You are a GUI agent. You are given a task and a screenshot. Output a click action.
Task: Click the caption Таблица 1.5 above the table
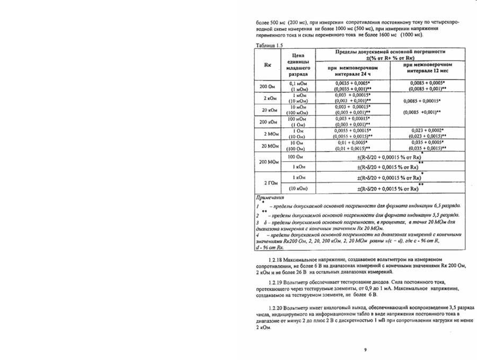pos(269,46)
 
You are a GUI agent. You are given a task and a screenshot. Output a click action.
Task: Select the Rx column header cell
pos(269,66)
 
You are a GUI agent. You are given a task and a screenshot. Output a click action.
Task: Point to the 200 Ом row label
pos(268,86)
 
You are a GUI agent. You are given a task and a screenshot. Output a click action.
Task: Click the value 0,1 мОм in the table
pos(299,84)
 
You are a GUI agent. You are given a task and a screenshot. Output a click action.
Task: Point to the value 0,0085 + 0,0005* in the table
pos(427,83)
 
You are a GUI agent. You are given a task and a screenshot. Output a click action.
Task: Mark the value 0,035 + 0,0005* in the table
pos(427,142)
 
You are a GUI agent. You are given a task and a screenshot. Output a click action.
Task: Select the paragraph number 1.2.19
pos(275,282)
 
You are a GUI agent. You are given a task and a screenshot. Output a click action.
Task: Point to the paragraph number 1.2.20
pos(275,308)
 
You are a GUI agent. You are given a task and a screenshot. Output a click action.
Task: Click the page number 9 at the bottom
pos(365,349)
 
